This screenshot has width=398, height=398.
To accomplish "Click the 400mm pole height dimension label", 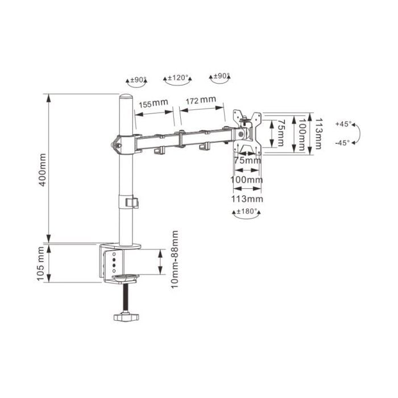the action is point(43,170).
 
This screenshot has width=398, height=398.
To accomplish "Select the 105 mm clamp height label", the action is point(41,264).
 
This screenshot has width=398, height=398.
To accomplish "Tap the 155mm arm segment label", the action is point(153,103).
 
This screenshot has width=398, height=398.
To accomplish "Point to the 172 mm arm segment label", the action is point(201,100).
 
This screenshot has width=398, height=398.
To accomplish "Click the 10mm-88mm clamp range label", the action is point(175,259).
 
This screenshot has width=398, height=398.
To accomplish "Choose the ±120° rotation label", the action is point(178,77).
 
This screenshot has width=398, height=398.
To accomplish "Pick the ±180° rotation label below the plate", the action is point(247,211).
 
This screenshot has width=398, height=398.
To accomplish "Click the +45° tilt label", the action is point(343,124).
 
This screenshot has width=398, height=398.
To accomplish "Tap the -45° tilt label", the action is point(342,143).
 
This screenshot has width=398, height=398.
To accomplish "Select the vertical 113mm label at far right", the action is point(318,134).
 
